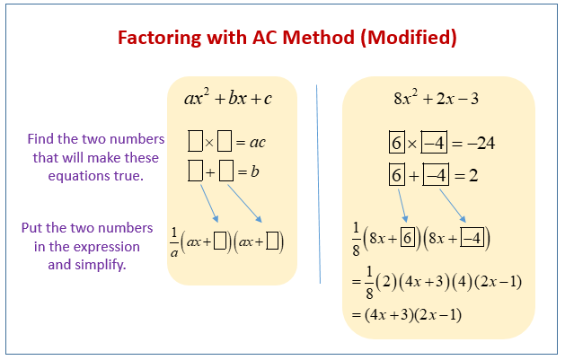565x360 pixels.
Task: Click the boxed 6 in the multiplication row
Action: tap(396, 144)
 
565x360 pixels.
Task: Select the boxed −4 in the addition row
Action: tap(434, 175)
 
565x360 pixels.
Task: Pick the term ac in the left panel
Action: tap(257, 142)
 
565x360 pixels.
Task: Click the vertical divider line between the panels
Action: tap(319, 184)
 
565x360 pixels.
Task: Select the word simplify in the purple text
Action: tap(103, 264)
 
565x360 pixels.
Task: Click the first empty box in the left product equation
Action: tap(196, 141)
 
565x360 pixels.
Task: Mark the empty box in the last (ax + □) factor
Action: tap(273, 240)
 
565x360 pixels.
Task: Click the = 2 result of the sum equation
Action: tap(467, 175)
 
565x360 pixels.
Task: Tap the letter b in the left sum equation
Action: tap(255, 169)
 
